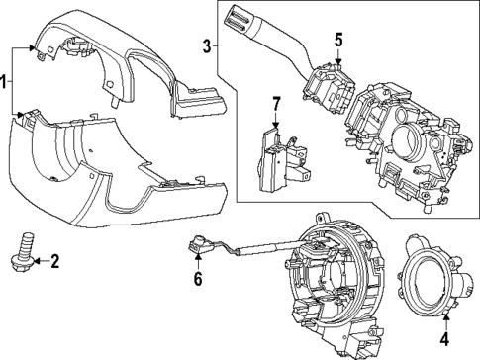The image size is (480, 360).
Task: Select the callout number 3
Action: [x=205, y=45]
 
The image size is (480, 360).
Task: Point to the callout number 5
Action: [x=337, y=41]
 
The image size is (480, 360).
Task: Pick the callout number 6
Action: [x=197, y=280]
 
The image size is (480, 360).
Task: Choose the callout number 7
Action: [x=277, y=104]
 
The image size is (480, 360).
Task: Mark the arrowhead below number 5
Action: [x=337, y=60]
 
